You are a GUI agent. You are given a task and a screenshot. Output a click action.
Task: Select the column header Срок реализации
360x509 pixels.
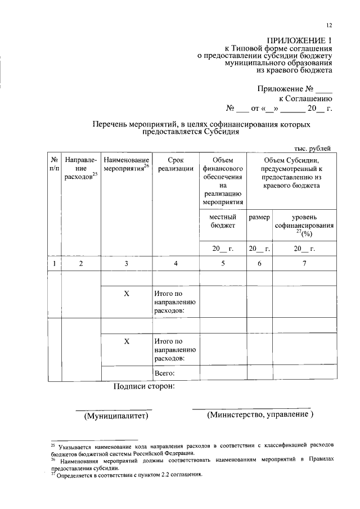tap(175, 164)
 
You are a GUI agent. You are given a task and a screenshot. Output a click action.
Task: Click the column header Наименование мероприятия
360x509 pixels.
tap(127, 164)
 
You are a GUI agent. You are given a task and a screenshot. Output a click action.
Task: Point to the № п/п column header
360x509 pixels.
tap(54, 164)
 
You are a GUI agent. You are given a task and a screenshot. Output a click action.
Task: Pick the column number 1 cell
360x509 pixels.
tap(54, 263)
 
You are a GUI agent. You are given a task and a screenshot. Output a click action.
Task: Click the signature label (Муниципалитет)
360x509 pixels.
tap(115, 416)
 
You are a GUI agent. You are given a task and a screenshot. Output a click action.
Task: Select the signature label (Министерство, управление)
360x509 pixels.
tap(259, 415)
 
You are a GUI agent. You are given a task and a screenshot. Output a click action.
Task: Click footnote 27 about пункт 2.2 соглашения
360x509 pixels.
tap(127, 475)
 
